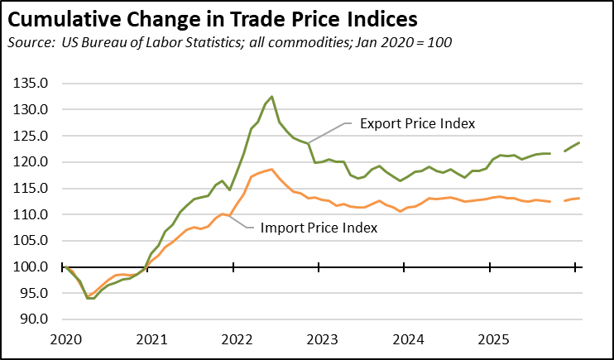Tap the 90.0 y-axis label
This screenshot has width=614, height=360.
click(40, 319)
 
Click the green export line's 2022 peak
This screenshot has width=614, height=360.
click(272, 97)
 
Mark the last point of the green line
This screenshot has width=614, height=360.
click(579, 142)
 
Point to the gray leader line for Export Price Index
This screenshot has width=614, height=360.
click(331, 132)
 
